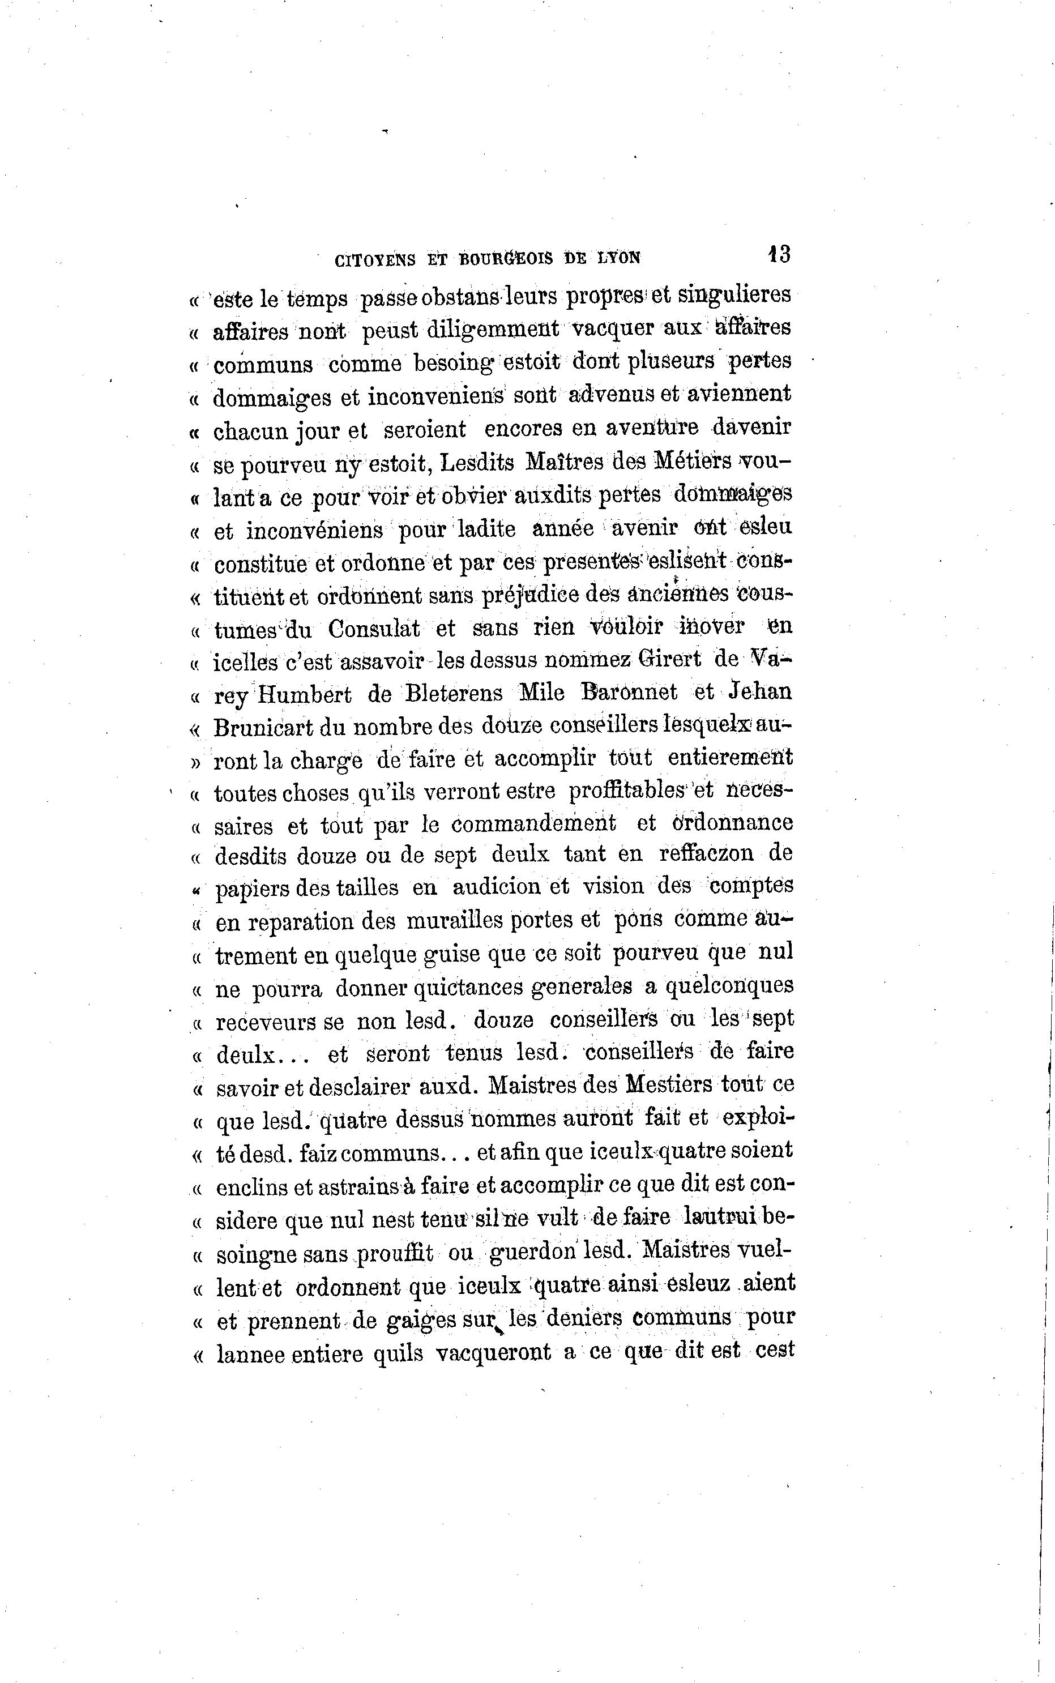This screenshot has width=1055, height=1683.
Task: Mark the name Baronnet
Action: (629, 692)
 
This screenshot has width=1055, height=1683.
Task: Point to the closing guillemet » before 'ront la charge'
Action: (195, 761)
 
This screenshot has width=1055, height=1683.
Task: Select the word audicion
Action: (496, 887)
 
